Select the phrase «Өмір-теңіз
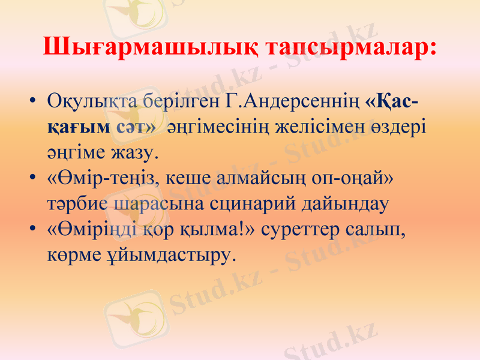[x=102, y=178]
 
